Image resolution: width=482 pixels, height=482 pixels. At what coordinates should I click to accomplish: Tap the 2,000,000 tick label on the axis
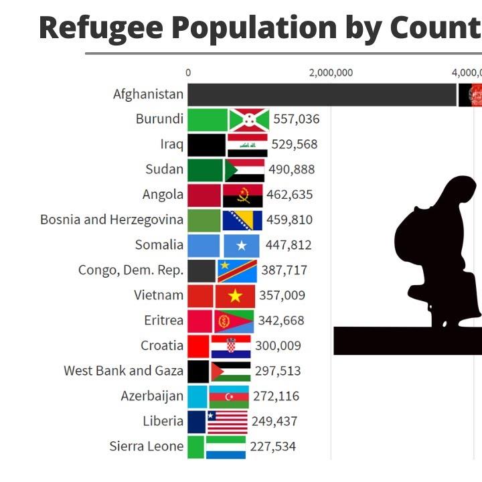[x=331, y=73]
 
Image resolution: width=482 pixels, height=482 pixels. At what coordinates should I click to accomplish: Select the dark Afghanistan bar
[x=321, y=94]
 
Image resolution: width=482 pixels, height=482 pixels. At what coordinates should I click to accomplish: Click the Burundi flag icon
[x=249, y=120]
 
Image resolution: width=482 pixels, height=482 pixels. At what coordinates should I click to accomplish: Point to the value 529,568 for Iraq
[x=295, y=145]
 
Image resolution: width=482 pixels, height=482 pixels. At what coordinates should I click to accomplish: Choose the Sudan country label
[x=164, y=169]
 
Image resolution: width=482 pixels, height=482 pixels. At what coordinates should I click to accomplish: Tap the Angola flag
[x=242, y=195]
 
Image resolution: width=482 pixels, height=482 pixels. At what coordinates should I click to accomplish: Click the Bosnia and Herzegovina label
[x=112, y=220]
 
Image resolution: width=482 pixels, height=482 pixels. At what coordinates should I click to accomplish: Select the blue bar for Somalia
[x=204, y=245]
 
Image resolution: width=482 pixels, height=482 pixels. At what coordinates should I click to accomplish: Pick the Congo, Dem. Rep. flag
[x=237, y=270]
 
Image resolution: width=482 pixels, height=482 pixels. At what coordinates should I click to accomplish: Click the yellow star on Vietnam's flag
[x=235, y=296]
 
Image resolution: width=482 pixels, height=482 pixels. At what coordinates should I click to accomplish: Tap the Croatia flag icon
[x=231, y=346]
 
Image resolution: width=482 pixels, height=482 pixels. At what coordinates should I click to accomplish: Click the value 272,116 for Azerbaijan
[x=276, y=396]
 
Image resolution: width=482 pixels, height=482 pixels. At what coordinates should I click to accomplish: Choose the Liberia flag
[x=228, y=422]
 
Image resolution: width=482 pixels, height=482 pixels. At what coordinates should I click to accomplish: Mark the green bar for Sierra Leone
[x=195, y=447]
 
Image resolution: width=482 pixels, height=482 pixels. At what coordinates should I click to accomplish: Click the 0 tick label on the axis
[x=188, y=73]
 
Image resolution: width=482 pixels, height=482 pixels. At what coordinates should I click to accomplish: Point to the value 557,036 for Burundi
[x=297, y=120]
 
